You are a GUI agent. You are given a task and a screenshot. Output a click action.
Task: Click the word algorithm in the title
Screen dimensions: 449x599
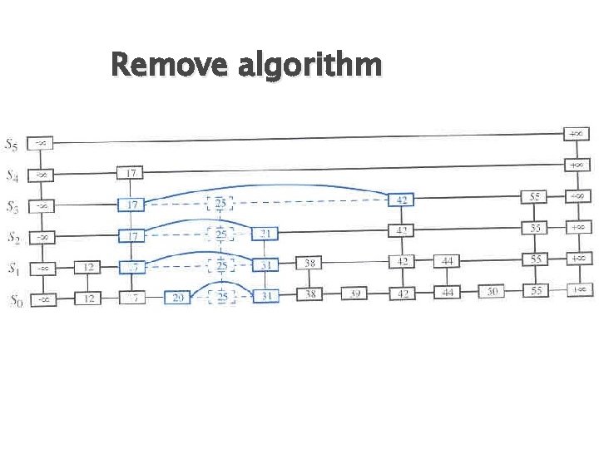309,65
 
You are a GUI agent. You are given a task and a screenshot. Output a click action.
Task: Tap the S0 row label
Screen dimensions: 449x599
14,299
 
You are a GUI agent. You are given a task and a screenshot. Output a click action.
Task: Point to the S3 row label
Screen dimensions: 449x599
14,206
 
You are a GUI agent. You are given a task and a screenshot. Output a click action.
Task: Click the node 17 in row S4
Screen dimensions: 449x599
131,173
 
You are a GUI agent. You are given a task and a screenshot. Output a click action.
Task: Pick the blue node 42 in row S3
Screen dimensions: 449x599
402,200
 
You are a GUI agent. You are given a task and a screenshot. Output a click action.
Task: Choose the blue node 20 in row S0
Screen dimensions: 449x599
176,297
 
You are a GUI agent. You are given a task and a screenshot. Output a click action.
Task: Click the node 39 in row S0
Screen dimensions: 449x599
355,294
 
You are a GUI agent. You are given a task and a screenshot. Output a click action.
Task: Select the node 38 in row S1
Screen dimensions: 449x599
309,264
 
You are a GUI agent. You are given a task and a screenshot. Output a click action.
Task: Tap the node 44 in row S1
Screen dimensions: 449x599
448,261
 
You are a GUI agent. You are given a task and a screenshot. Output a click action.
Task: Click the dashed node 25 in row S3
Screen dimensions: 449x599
220,203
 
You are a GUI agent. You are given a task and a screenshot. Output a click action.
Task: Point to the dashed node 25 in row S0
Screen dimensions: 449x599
220,297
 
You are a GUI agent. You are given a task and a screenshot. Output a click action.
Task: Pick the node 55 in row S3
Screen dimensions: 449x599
536,197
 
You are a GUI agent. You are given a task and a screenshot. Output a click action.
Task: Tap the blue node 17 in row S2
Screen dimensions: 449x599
131,236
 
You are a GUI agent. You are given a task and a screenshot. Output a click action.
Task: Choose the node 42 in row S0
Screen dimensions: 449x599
402,294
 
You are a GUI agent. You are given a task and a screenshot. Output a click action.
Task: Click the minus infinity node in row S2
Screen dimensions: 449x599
41,237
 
